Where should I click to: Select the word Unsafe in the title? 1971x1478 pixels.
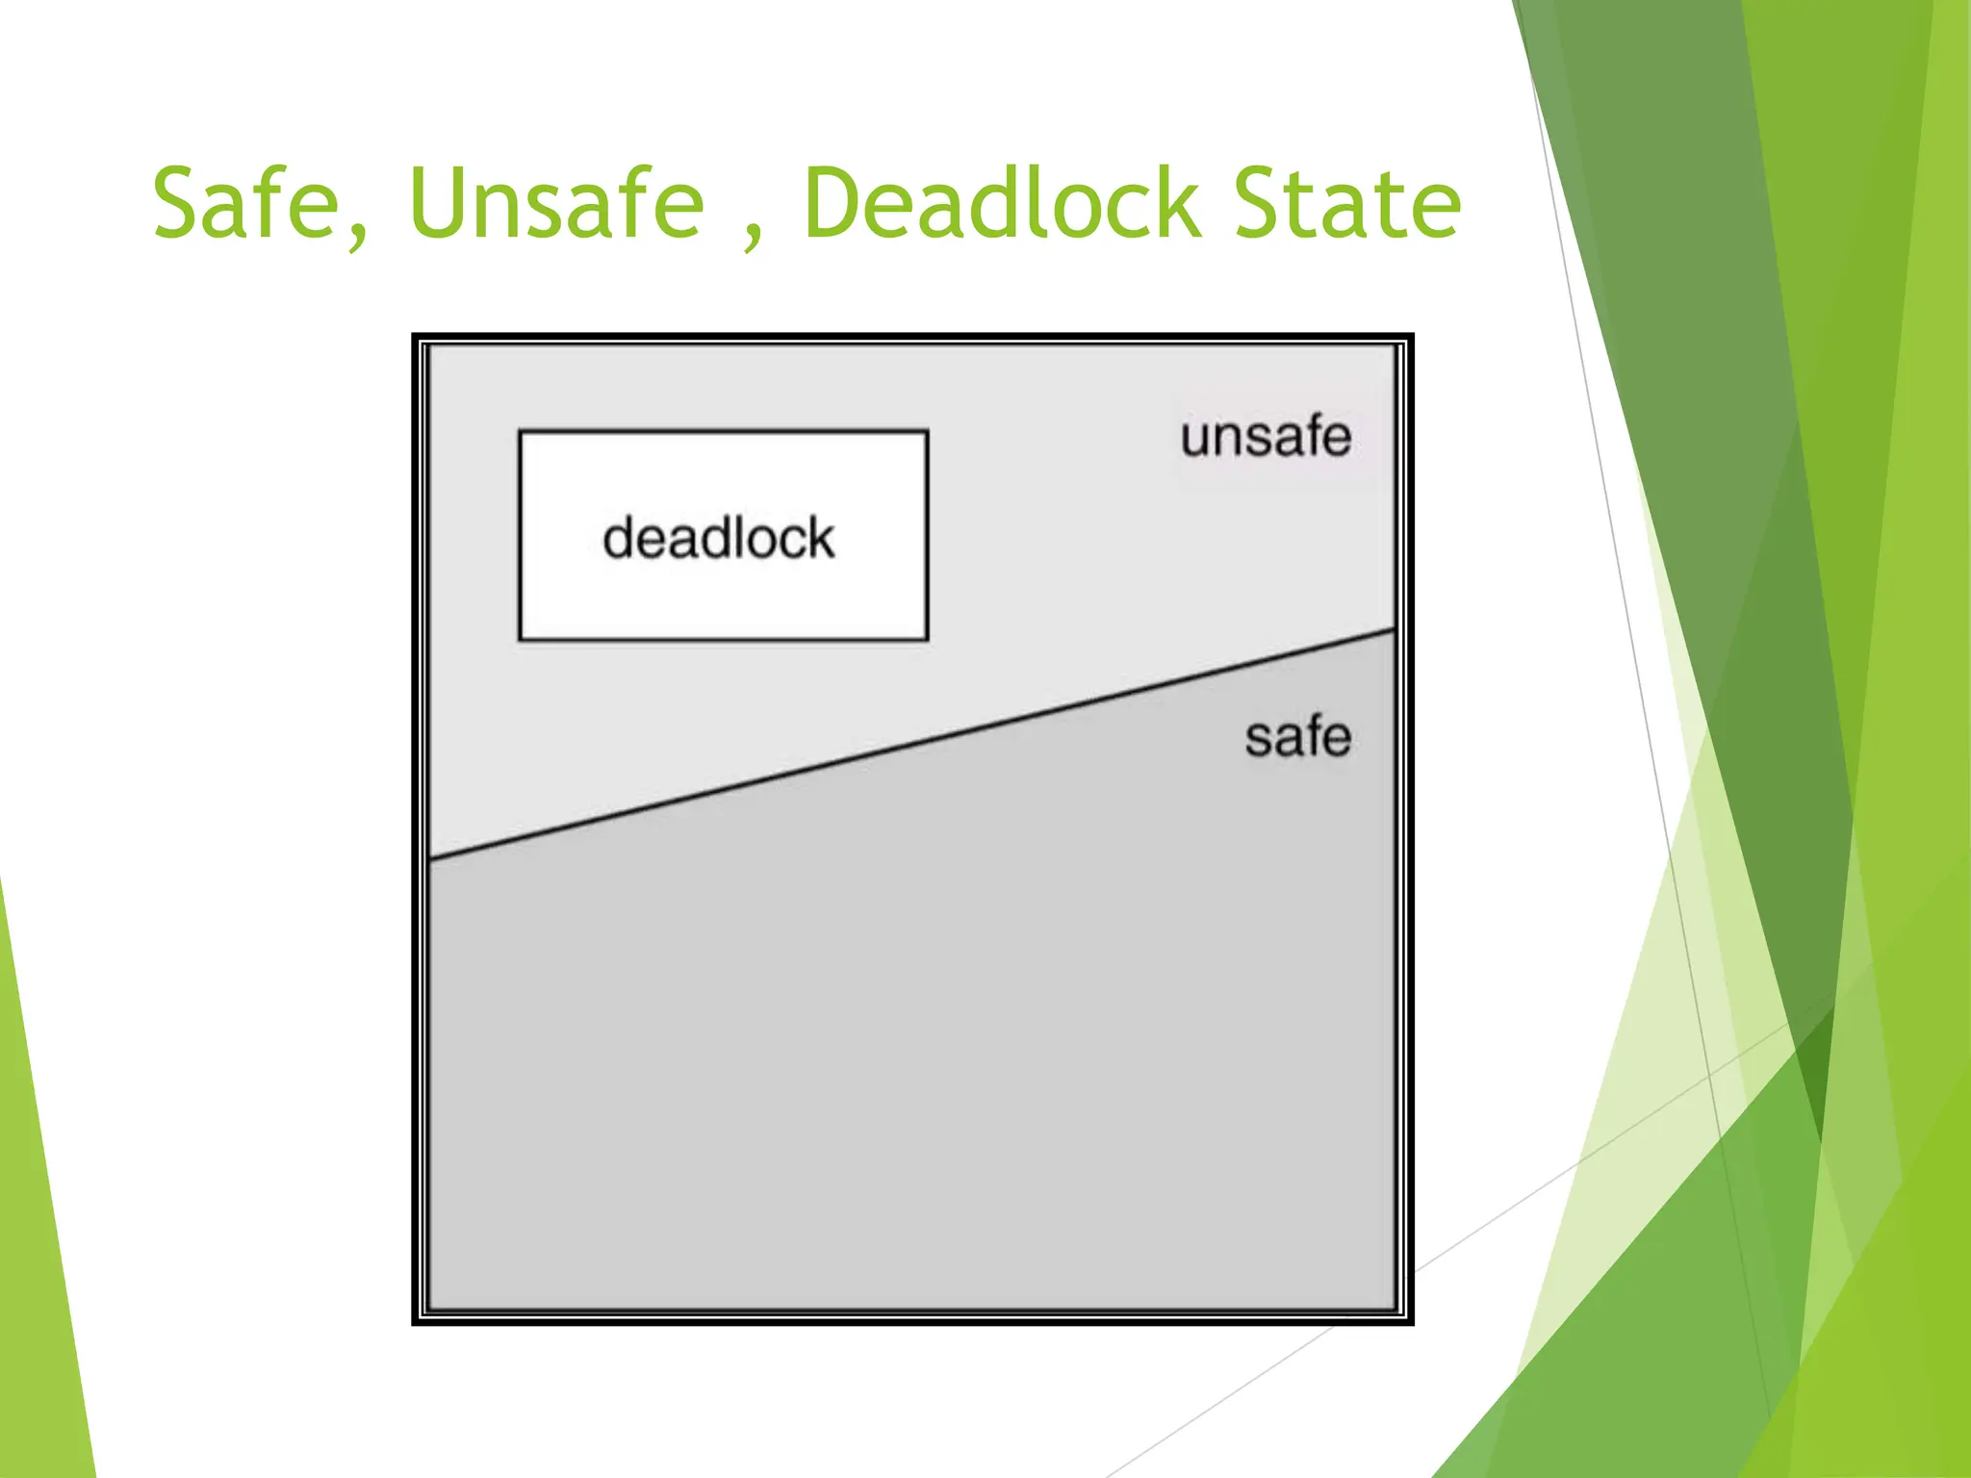click(556, 203)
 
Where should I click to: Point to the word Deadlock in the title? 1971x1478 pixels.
click(1002, 203)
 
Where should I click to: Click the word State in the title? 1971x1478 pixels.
click(1347, 203)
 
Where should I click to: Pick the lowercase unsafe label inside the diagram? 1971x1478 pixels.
click(1266, 437)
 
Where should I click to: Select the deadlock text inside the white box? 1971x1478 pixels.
click(718, 538)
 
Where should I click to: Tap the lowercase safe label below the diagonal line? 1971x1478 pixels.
click(1297, 738)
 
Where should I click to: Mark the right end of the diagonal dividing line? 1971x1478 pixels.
click(1395, 630)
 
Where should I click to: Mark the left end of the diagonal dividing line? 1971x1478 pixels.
click(429, 858)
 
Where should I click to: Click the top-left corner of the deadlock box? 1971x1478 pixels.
click(520, 432)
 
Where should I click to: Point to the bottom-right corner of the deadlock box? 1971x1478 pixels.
click(927, 639)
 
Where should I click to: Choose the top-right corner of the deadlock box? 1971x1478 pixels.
click(927, 432)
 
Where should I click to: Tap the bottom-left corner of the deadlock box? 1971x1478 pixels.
click(520, 639)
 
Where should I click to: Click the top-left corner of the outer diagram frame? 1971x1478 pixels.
click(415, 337)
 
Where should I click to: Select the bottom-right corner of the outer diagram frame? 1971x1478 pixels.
click(1411, 1323)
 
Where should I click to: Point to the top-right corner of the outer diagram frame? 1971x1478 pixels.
click(1411, 337)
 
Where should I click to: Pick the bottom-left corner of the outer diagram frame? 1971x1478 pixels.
click(415, 1323)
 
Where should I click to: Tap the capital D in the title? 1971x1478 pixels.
click(833, 203)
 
